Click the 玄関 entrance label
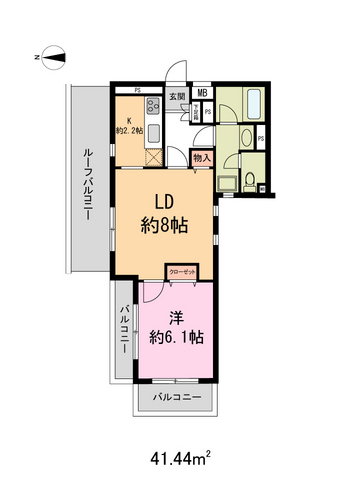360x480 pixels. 176,96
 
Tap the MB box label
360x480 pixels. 201,94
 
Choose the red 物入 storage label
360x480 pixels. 201,158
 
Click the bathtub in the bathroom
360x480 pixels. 250,102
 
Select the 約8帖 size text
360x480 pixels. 166,224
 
